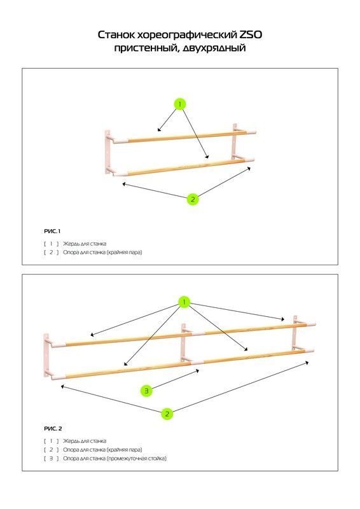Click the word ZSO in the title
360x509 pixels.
[251, 34]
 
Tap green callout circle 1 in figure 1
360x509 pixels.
[180, 104]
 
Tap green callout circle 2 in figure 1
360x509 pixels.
[193, 199]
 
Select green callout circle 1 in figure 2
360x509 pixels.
[184, 302]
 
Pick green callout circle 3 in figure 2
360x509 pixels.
[146, 391]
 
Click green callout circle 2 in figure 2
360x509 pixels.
[167, 414]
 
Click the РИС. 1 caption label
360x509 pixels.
[52, 231]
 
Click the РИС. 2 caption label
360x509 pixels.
[53, 428]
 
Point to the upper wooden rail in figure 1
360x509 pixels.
[185, 136]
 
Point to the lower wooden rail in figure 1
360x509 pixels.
[183, 167]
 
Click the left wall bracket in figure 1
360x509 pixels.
[107, 151]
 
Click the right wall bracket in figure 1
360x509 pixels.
[235, 142]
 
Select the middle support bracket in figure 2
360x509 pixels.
[183, 344]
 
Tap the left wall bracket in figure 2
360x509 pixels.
[46, 355]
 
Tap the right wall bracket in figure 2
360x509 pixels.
[294, 333]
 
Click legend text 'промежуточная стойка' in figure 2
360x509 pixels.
[137, 458]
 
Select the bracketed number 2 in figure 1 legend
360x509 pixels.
[52, 252]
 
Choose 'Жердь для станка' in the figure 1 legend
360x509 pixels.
[85, 244]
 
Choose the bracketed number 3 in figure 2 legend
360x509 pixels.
[52, 458]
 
